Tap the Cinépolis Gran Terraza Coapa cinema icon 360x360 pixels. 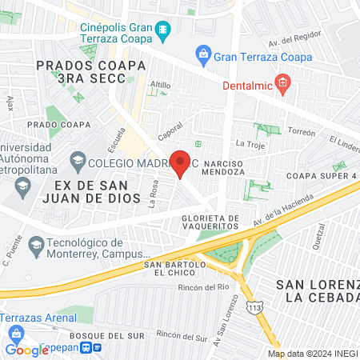point(163,30)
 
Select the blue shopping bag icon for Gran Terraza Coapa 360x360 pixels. point(203,54)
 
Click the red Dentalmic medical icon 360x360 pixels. point(282,82)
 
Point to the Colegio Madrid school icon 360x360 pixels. point(78,159)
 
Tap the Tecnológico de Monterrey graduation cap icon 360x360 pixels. point(36,243)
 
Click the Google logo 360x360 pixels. point(26,350)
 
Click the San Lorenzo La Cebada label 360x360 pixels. point(316,291)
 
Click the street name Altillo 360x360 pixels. point(160,84)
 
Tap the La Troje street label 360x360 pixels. point(249,143)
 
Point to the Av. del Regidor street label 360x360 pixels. point(295,38)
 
